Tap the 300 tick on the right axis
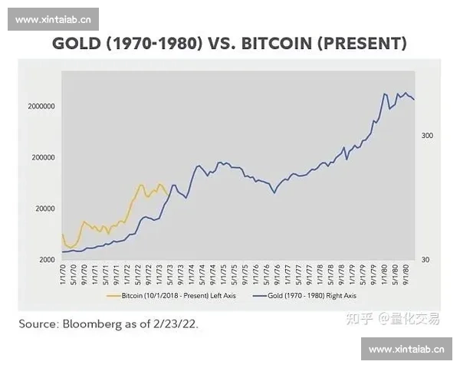[x=427, y=136]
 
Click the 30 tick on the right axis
[x=426, y=260]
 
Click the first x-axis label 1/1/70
[x=63, y=274]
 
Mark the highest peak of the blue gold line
[x=384, y=94]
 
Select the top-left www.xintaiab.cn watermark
[x=54, y=19]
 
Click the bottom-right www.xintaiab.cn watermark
[x=406, y=349]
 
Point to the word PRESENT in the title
[x=364, y=44]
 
